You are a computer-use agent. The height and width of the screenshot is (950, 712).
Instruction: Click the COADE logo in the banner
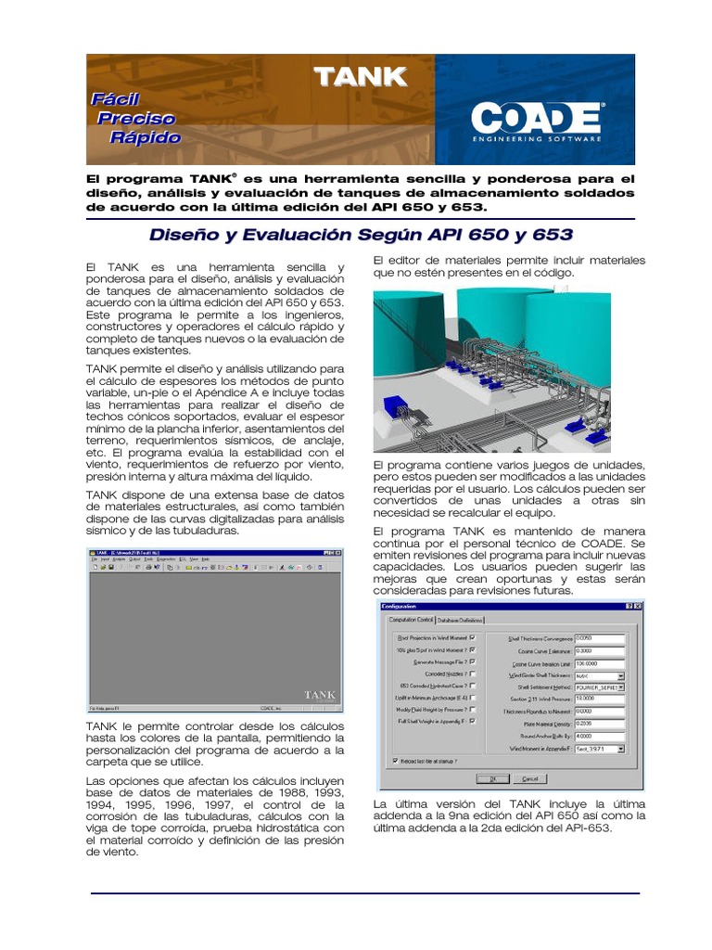pos(537,119)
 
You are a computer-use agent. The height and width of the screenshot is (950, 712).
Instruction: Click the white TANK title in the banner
pos(360,77)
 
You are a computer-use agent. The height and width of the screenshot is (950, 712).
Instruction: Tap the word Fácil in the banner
pos(115,98)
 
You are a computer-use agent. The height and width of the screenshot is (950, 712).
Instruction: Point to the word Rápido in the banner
pos(145,137)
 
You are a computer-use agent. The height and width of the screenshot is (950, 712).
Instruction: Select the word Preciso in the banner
pos(136,118)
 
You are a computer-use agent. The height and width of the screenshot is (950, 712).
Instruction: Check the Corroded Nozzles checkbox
pos(473,674)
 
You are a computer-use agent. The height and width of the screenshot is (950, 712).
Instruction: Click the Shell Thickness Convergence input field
pos(599,638)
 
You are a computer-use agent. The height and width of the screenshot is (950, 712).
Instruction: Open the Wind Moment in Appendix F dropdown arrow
pos(621,748)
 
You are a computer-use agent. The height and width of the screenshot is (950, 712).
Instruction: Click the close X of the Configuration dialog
pos(638,606)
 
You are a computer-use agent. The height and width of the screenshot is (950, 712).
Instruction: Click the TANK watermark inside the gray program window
pos(320,694)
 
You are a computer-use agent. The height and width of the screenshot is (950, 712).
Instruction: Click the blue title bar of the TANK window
pos(204,551)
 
